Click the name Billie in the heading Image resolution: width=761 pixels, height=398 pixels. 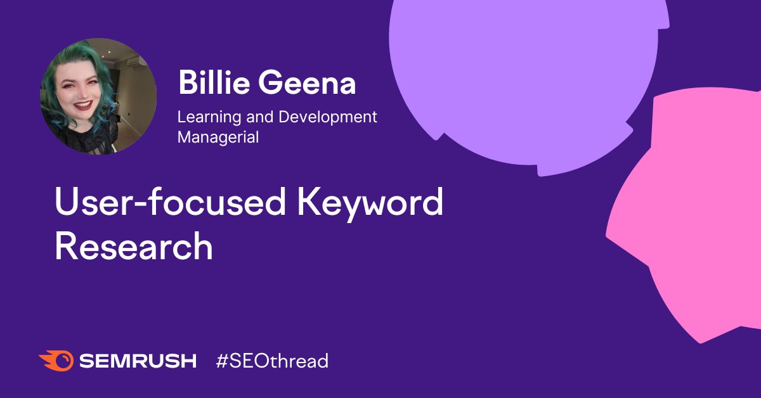(x=214, y=82)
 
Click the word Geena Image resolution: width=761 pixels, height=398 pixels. (x=307, y=82)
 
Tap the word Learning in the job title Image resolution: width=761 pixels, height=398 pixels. (x=209, y=118)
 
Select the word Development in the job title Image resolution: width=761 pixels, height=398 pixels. (x=328, y=118)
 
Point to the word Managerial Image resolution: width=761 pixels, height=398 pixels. (x=218, y=138)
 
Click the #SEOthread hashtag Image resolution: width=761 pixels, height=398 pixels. (x=273, y=361)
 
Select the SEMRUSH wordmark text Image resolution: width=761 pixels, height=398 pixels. (x=138, y=361)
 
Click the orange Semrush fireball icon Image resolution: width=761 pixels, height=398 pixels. (x=56, y=361)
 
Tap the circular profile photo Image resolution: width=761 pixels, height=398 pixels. (x=98, y=96)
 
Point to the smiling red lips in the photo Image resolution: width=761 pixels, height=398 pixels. (x=83, y=105)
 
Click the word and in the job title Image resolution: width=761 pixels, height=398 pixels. (x=259, y=117)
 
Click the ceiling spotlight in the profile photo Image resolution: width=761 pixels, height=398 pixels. (x=109, y=52)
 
